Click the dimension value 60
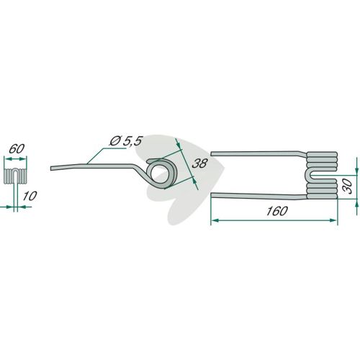(17, 149)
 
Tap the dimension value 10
(30, 196)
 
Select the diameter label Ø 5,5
(126, 141)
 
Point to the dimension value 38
(199, 163)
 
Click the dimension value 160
(276, 211)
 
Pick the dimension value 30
(347, 186)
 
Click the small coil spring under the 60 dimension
(16, 176)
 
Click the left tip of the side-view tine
(51, 168)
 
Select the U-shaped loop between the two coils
(309, 176)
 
